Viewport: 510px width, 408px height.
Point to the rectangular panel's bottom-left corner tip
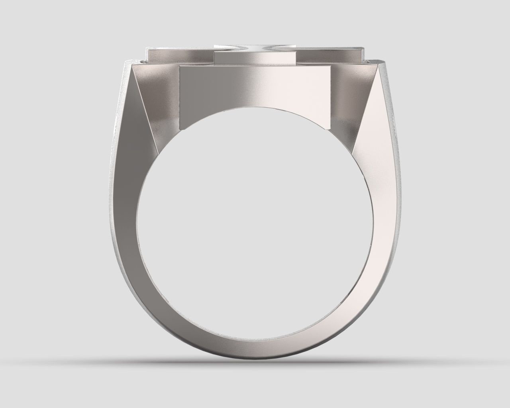pyautogui.click(x=180, y=129)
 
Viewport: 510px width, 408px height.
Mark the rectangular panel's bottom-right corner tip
pyautogui.click(x=330, y=129)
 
